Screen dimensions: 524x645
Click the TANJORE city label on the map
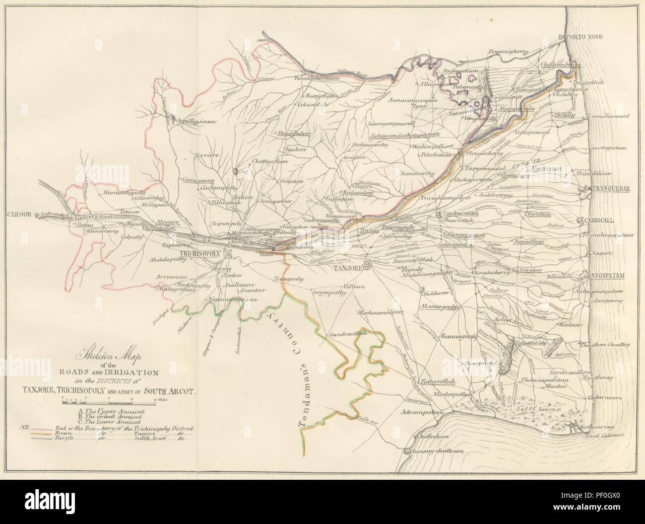pyautogui.click(x=347, y=266)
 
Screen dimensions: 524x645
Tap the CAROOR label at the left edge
pyautogui.click(x=19, y=215)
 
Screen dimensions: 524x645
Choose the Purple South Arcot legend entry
pyautogui.click(x=109, y=439)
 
